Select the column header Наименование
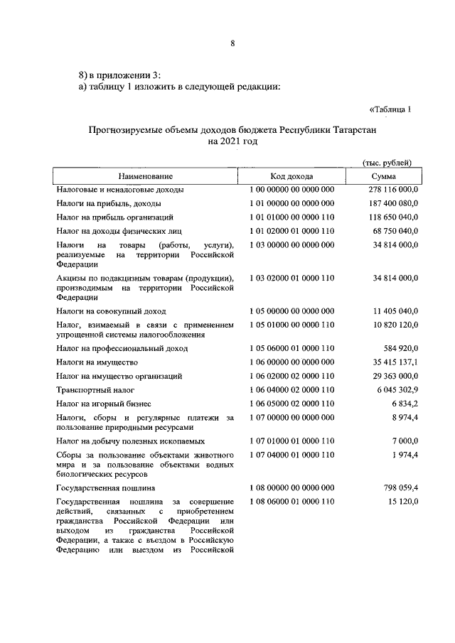tap(146, 175)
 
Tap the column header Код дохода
tap(291, 175)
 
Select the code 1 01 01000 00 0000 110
tap(291, 217)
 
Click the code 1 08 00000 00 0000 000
tap(291, 488)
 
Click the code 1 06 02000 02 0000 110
tap(291, 376)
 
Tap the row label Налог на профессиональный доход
tap(122, 348)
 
